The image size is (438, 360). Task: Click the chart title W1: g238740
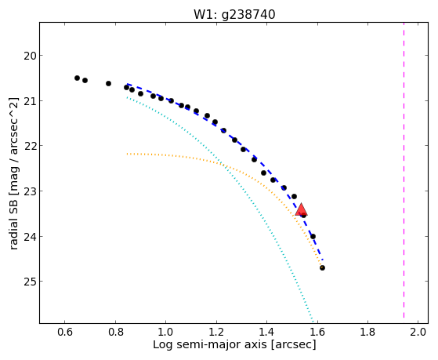234,15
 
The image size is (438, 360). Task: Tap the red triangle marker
301,210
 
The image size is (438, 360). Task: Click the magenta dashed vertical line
404,170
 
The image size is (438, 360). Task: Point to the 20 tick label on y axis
30,56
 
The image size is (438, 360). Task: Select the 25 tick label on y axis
30,282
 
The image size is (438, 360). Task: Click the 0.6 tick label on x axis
65,332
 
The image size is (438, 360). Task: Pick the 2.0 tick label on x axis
418,332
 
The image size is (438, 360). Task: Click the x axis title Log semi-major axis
210,344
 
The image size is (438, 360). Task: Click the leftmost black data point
77,78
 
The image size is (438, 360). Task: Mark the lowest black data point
322,268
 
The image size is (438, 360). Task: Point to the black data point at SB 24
313,237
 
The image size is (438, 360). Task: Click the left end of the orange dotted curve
127,154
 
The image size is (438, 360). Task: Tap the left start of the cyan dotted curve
127,97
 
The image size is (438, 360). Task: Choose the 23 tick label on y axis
30,191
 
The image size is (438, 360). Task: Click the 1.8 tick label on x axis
367,332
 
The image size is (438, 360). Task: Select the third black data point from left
108,84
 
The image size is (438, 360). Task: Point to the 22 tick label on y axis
30,147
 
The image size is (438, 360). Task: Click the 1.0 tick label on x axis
165,332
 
